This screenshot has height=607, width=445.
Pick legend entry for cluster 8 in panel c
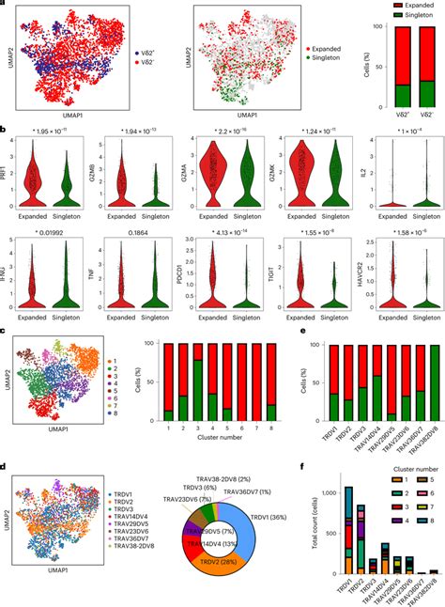pos(105,412)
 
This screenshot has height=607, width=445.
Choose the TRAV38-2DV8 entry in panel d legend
pos(111,544)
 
